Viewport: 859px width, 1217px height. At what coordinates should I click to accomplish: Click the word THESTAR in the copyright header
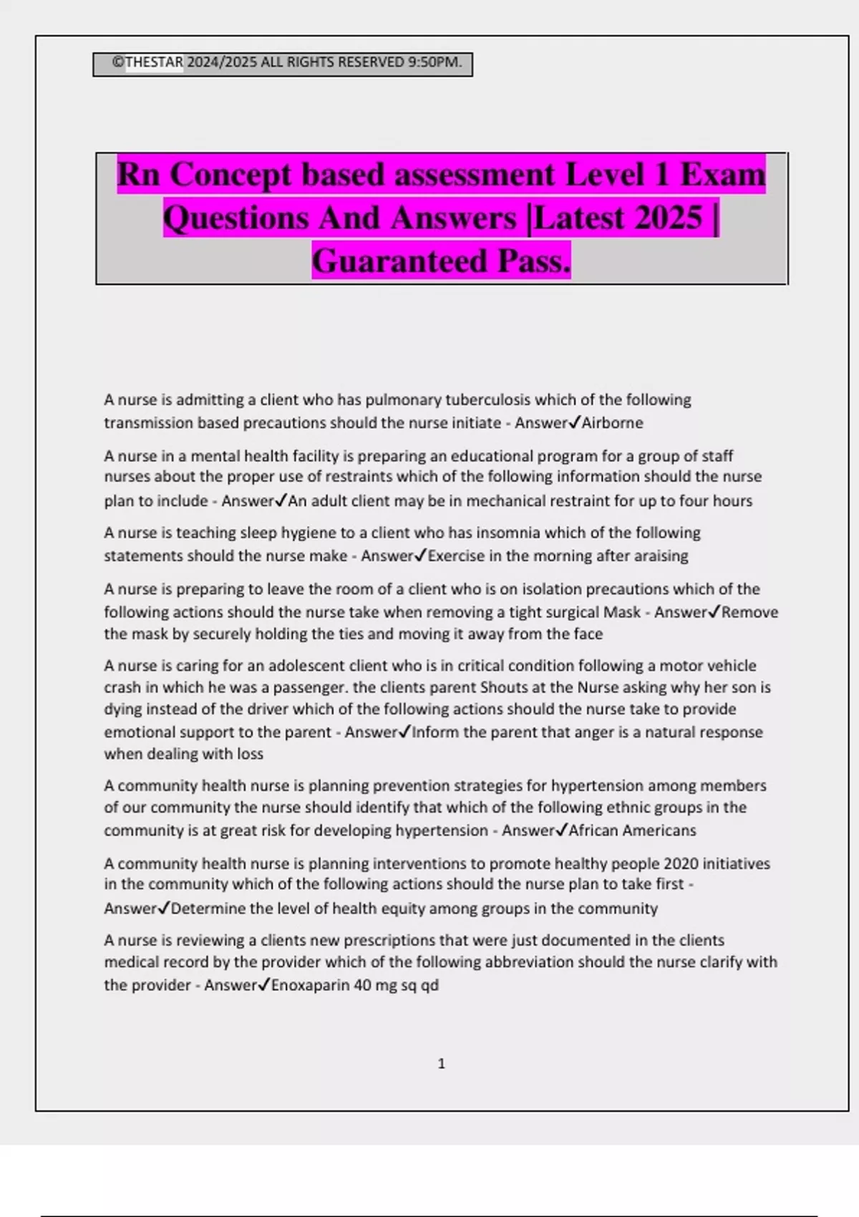[154, 62]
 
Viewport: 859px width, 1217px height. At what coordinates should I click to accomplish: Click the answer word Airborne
[612, 423]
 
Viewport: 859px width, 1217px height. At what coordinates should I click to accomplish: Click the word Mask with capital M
[622, 612]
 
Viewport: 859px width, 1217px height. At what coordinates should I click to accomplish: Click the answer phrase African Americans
[632, 830]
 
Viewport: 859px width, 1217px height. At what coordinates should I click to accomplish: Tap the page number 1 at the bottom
[441, 1064]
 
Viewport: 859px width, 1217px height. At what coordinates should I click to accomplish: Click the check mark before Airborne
[574, 422]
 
